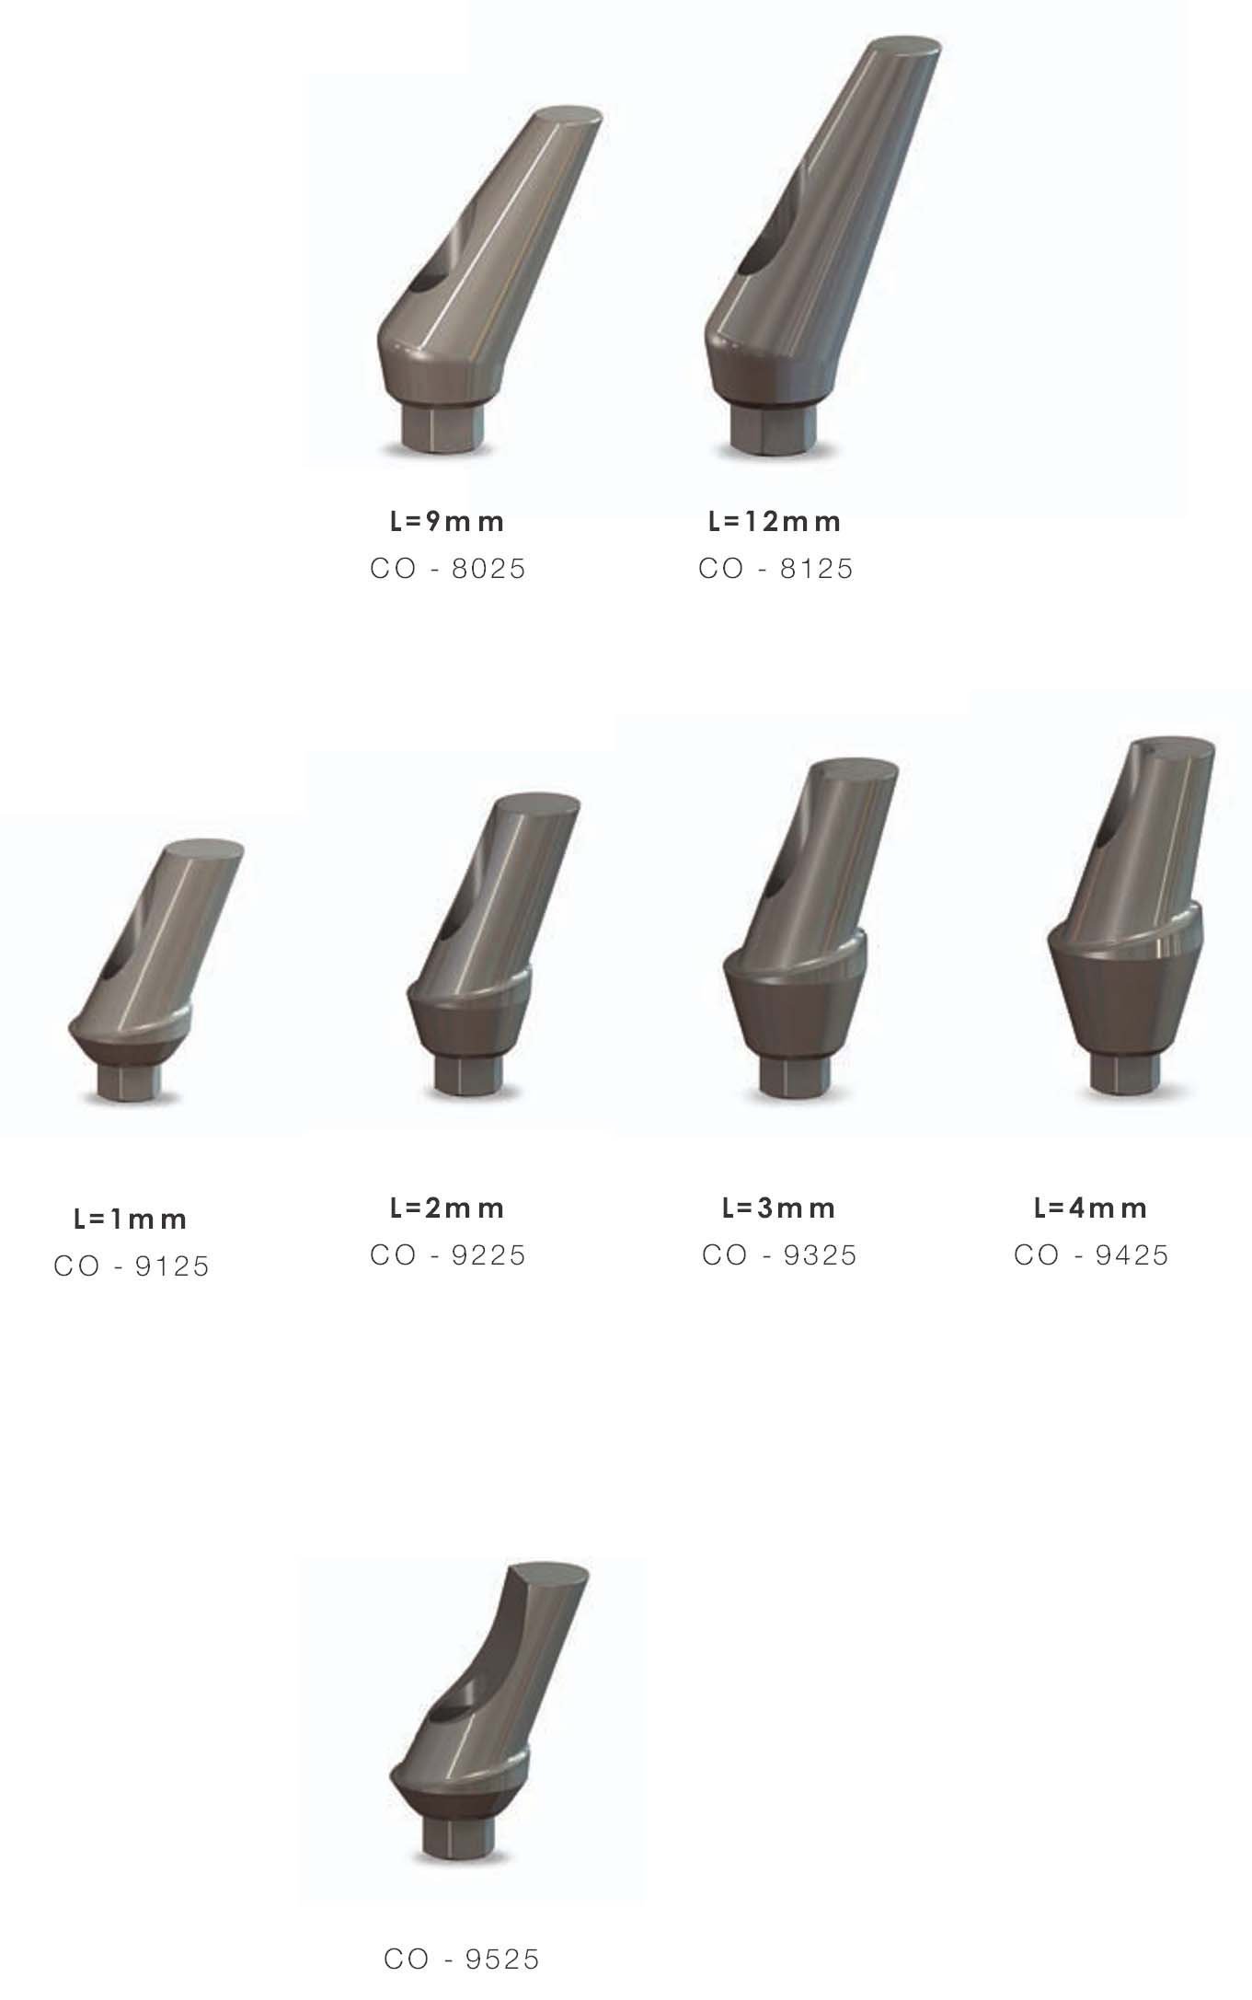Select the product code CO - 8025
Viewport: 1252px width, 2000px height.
click(x=448, y=569)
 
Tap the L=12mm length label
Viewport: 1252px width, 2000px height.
click(x=775, y=522)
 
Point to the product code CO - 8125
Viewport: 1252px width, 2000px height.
click(x=775, y=569)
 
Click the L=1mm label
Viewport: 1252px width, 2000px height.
click(x=131, y=1220)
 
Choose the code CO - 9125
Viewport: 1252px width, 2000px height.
click(x=132, y=1266)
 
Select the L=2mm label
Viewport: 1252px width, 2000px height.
click(x=447, y=1208)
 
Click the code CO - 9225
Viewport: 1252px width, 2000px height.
click(x=448, y=1255)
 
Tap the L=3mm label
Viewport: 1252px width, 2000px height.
click(x=778, y=1208)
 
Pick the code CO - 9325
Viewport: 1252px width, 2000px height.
click(x=779, y=1255)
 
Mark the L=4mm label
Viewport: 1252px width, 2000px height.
click(x=1090, y=1208)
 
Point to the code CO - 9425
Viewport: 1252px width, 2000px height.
click(x=1091, y=1255)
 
